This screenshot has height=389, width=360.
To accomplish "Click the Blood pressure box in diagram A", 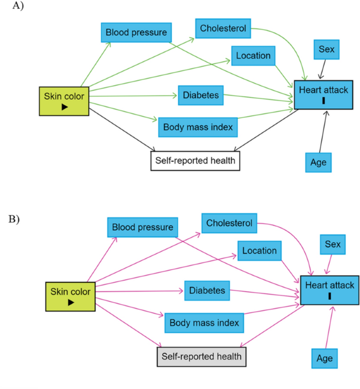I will [136, 33].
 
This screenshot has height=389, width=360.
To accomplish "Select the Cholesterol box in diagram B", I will [229, 223].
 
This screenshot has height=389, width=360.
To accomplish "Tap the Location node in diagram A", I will [253, 56].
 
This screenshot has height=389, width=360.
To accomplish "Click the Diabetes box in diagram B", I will [207, 291].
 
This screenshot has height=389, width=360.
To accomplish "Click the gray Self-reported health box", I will [201, 356].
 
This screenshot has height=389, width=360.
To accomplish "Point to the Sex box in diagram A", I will [326, 50].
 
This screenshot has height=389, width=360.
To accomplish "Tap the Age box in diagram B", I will [324, 359].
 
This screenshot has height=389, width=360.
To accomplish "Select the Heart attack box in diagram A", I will [323, 95].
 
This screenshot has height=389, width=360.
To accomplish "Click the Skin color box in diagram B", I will [70, 296].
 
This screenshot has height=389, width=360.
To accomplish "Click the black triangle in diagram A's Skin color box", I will [64, 107].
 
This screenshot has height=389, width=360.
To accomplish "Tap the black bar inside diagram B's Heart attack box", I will [330, 296].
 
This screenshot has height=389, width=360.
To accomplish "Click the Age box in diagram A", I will [318, 162].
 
